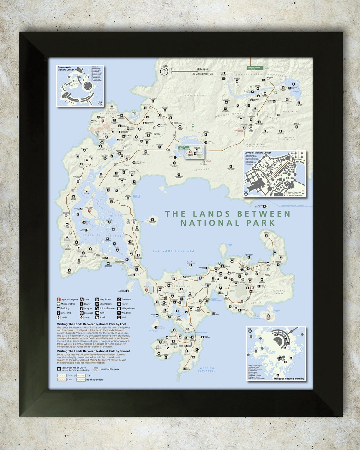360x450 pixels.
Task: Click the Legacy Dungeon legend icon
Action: (59, 299)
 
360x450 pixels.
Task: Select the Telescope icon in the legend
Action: (119, 299)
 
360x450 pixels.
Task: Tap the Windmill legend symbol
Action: (119, 313)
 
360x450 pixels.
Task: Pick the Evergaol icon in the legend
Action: (81, 313)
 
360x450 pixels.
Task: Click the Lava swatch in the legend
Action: (62, 380)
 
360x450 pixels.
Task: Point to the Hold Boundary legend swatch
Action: (81, 380)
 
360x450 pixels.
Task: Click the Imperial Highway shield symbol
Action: (96, 369)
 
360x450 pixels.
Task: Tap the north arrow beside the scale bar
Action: (164, 72)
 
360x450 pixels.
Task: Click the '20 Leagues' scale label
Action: (203, 69)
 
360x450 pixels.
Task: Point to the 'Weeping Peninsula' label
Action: (207, 370)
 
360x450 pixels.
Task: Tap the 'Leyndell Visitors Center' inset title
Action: (258, 153)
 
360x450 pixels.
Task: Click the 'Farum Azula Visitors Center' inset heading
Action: (65, 68)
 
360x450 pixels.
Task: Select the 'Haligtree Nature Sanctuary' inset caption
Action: (289, 379)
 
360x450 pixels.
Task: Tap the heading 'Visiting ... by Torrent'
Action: (93, 351)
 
